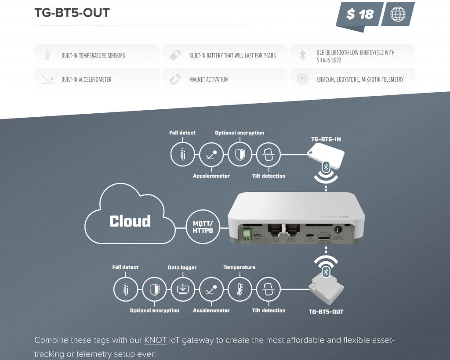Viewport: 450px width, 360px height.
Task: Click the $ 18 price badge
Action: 359,14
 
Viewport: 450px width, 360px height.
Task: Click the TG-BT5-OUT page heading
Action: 72,13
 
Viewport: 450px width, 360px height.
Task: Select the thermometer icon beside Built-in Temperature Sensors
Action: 47,55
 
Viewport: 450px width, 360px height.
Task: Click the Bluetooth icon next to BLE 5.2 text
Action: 302,55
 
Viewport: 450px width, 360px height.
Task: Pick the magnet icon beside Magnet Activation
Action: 175,79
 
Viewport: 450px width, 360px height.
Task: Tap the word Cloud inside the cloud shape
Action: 130,221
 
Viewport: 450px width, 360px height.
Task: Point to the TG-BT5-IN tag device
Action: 325,155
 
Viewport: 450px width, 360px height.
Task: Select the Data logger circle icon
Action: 182,289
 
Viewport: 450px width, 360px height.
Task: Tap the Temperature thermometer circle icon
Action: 240,289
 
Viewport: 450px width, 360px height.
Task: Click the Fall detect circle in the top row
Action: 182,154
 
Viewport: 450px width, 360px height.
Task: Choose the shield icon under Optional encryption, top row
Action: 240,154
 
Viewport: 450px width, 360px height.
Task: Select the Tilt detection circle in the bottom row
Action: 268,289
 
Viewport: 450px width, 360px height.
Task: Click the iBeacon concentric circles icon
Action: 302,79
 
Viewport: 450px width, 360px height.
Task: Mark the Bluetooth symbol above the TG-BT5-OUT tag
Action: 326,272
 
